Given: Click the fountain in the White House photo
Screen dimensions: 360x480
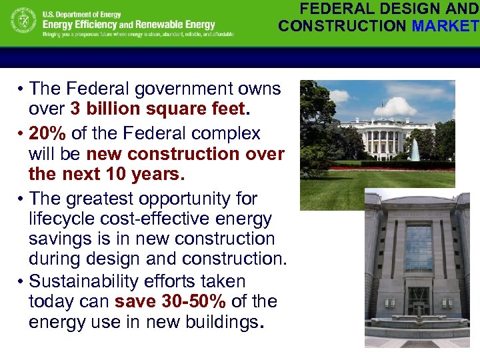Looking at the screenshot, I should point(415,150).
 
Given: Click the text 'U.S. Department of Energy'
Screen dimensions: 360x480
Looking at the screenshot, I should point(81,15).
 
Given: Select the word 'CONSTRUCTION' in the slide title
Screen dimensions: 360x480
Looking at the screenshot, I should point(343,26).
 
